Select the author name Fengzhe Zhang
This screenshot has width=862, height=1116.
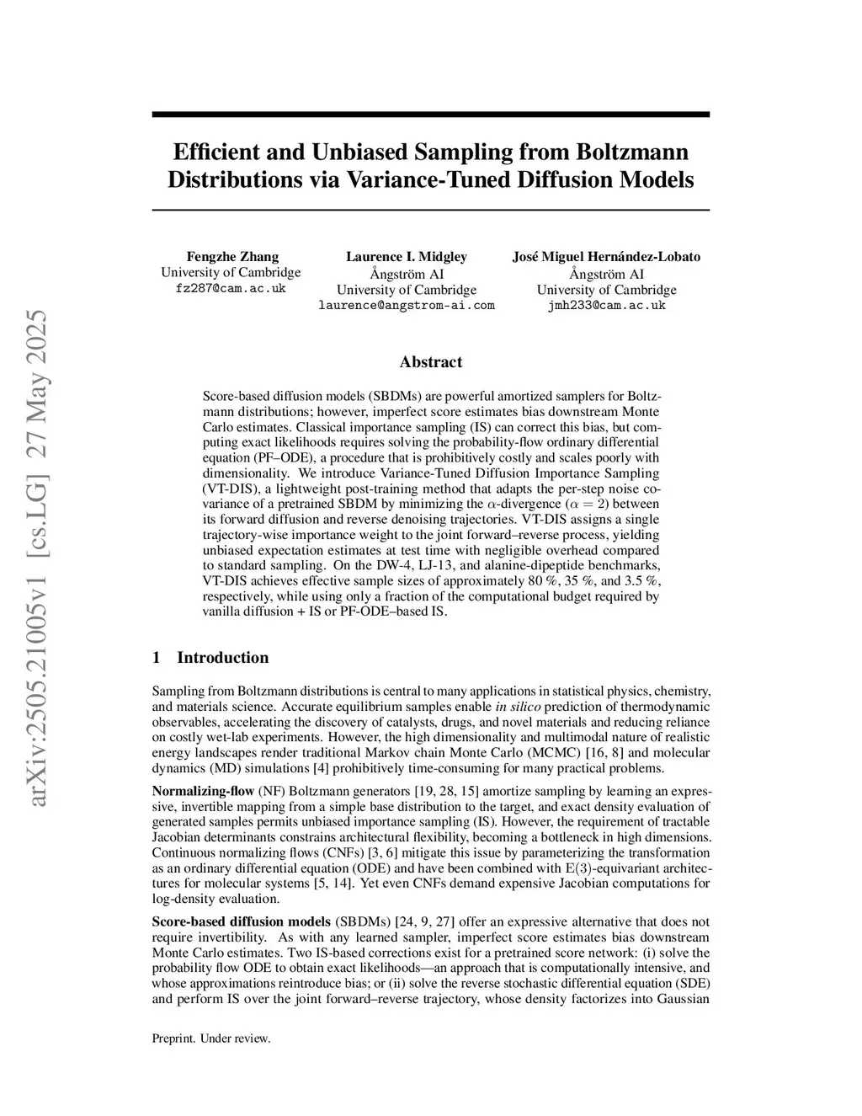tap(231, 257)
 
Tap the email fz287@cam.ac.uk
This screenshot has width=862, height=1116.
tap(231, 288)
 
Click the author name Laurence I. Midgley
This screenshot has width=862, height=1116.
tap(407, 257)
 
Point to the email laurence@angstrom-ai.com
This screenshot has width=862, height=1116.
tap(407, 305)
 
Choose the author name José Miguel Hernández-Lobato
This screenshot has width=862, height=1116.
tap(606, 257)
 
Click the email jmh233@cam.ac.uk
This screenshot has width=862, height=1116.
tap(606, 305)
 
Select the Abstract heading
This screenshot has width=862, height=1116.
tap(431, 362)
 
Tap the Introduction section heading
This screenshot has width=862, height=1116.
tap(222, 658)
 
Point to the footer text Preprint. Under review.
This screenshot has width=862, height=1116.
tap(211, 1039)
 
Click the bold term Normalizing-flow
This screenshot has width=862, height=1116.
tap(203, 791)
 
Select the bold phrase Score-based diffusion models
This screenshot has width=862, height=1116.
tap(242, 922)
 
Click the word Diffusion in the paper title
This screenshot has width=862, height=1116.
tap(574, 179)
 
